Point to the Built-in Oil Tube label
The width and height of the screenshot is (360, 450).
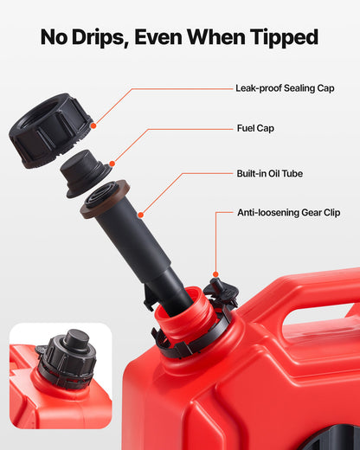[x=269, y=173]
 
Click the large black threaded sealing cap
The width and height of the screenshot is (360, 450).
[x=53, y=130]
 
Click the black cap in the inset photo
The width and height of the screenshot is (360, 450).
[x=67, y=358]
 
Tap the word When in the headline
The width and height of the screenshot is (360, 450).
[x=227, y=37]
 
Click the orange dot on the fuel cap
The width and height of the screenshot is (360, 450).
[x=112, y=162]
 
